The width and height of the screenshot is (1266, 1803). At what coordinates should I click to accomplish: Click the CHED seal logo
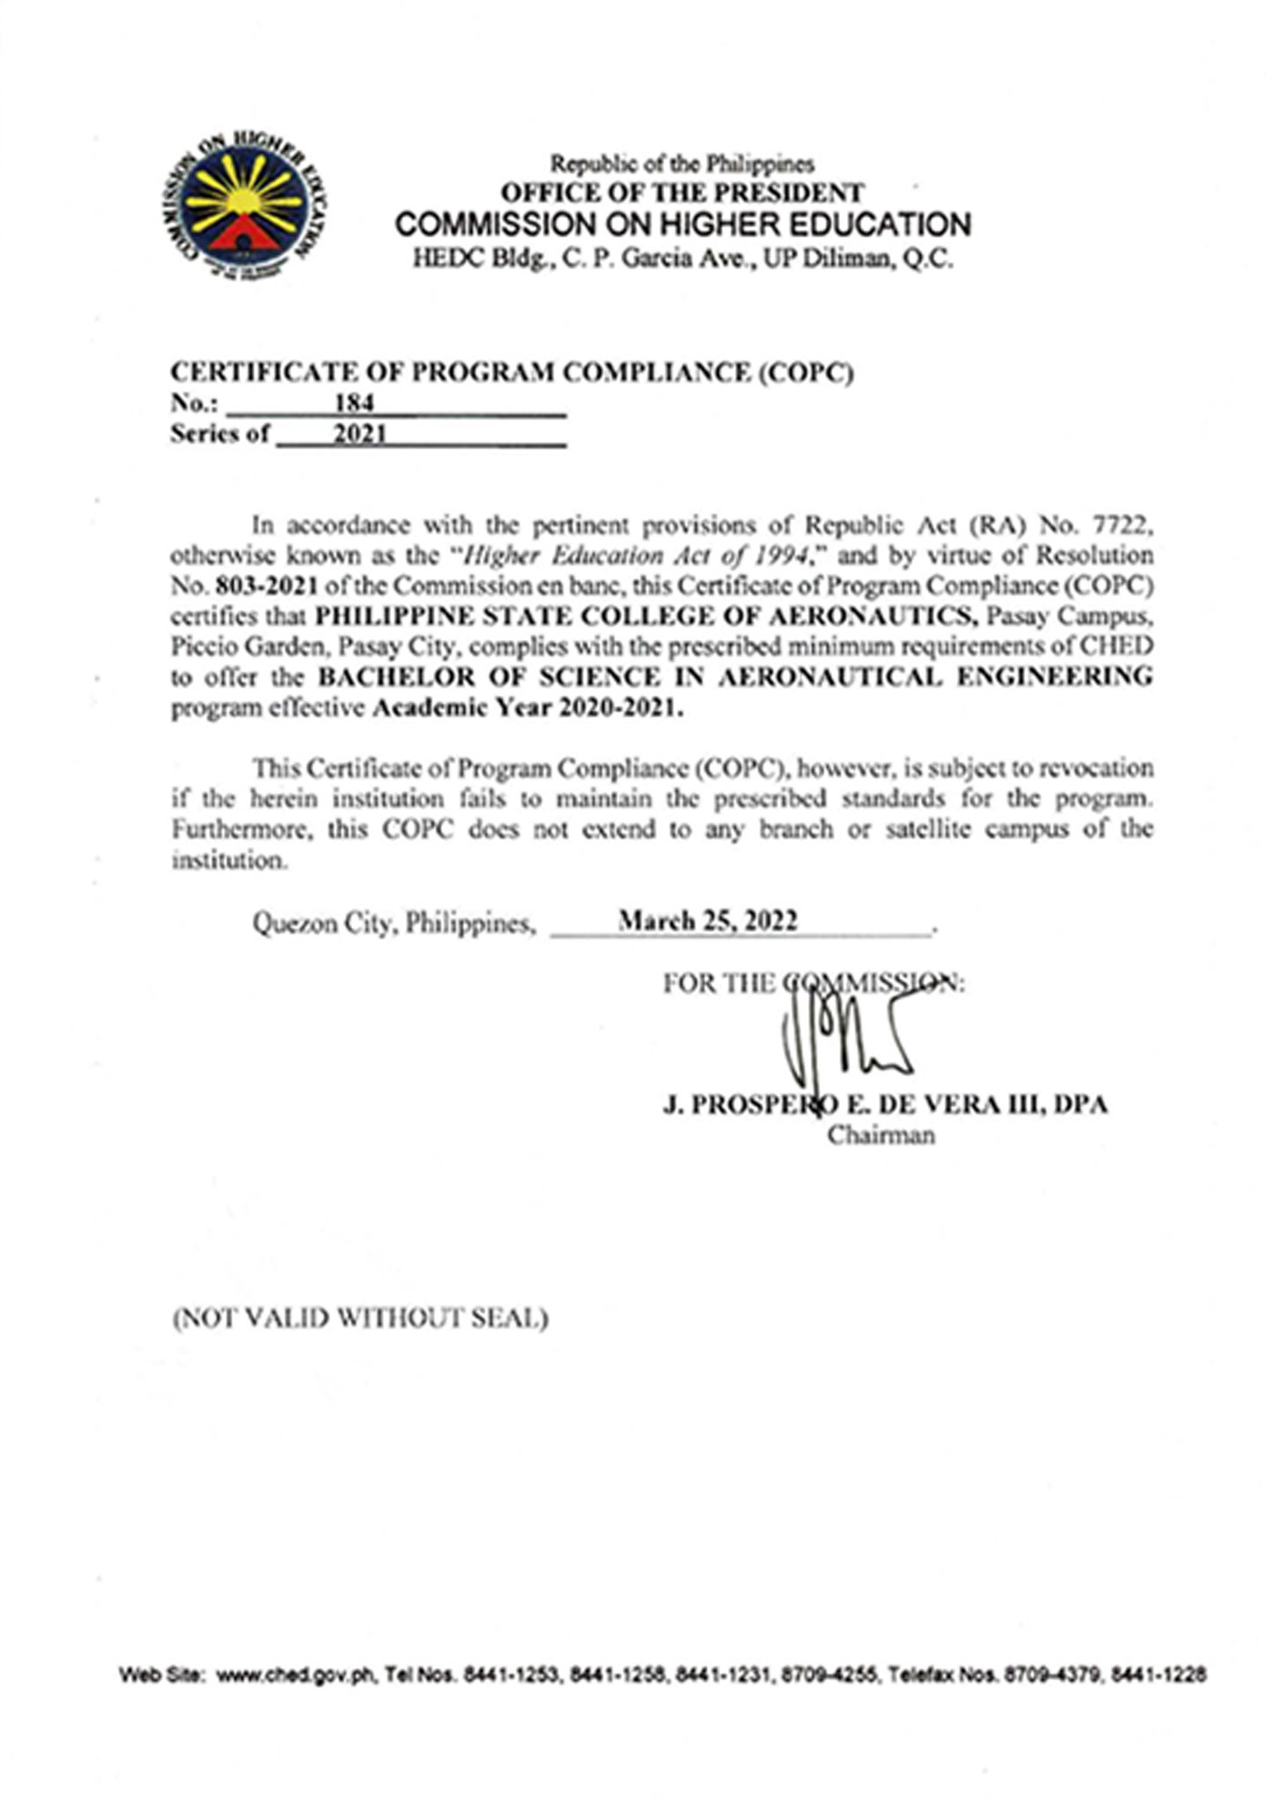[246, 208]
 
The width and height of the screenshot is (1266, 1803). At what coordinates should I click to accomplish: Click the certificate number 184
[354, 402]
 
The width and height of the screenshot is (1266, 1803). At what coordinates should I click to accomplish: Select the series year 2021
[359, 434]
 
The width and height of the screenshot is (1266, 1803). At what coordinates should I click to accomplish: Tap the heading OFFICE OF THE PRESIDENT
[682, 192]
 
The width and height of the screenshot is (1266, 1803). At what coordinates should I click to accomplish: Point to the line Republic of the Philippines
[682, 164]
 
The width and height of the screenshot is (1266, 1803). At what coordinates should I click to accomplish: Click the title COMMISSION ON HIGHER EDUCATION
[682, 225]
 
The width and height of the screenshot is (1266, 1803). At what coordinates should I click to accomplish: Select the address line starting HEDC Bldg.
[682, 260]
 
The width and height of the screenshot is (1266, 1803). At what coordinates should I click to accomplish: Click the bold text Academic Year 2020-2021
[527, 708]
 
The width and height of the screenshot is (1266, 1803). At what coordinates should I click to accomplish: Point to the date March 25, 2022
[708, 921]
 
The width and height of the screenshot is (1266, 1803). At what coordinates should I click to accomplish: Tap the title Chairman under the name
[880, 1136]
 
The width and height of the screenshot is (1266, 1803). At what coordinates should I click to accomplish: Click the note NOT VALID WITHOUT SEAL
[361, 1318]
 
